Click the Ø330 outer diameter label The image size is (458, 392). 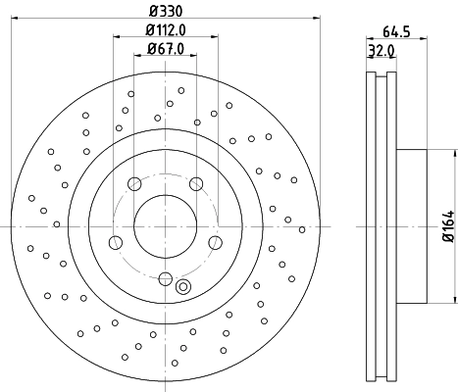(x=164, y=10)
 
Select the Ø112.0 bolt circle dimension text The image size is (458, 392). (x=164, y=29)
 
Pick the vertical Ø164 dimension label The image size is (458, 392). (x=447, y=225)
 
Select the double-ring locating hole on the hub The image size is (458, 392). (x=182, y=286)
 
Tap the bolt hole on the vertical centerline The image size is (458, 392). (x=165, y=278)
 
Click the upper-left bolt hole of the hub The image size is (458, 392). (x=133, y=182)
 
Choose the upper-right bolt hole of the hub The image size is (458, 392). (x=196, y=182)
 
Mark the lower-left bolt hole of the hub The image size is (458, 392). (x=115, y=242)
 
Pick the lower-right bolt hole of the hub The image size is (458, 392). (x=215, y=242)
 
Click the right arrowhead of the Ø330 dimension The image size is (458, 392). (x=317, y=18)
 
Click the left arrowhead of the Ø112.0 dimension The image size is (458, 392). (x=118, y=37)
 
